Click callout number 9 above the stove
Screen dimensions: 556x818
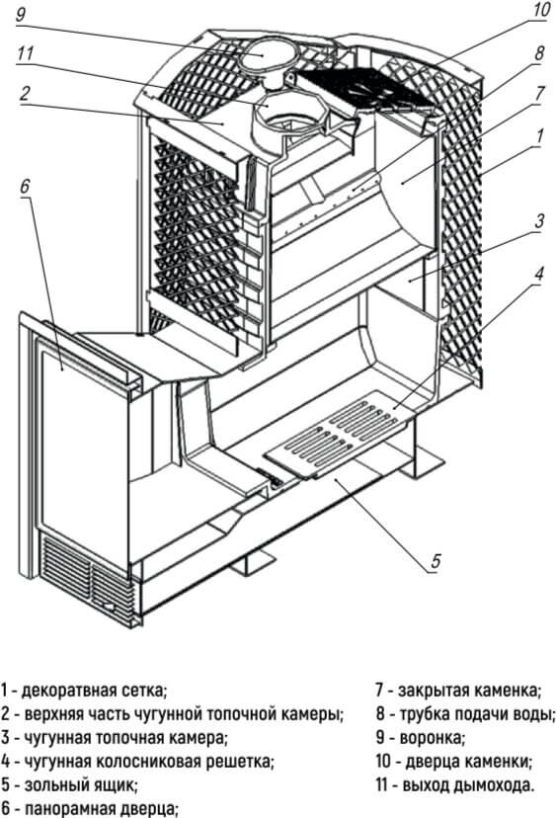[x=21, y=14]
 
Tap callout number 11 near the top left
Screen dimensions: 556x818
[x=25, y=53]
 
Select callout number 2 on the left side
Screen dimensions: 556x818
[x=25, y=95]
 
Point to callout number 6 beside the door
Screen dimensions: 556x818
[x=26, y=187]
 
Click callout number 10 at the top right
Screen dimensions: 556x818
[x=541, y=9]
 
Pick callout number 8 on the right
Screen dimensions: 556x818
[x=539, y=52]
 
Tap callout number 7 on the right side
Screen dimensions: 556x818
[x=539, y=94]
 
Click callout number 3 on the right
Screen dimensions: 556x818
[x=539, y=220]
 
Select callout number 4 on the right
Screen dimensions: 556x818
[x=539, y=273]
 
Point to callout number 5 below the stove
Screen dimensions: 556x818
[x=437, y=561]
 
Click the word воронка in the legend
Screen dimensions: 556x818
[x=432, y=738]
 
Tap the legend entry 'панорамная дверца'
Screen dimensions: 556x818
[x=102, y=809]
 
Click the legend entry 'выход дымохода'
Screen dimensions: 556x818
[x=467, y=785]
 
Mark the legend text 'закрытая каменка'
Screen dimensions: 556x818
[x=469, y=691]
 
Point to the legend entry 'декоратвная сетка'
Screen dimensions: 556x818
[x=94, y=691]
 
